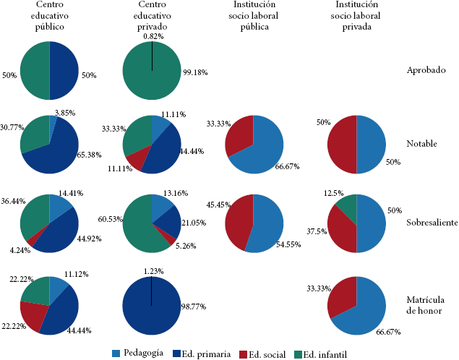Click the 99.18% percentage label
pos(195,74)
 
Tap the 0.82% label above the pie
pos(153,36)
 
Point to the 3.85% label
pos(65,113)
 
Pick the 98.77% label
pos(195,307)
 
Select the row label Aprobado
pos(425,70)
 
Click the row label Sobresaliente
pos(430,223)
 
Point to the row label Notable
pos(422,143)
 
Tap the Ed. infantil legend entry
pos(325,353)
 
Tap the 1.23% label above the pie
pos(153,270)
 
